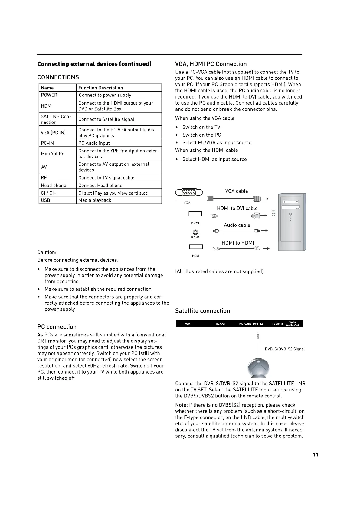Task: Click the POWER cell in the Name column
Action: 49,95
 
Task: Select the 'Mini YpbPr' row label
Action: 52,154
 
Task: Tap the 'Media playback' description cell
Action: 95,200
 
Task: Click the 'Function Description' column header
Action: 101,88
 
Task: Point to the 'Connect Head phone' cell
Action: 100,186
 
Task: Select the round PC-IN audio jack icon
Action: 195,232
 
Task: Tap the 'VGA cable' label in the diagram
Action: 236,191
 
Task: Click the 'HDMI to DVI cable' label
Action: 237,209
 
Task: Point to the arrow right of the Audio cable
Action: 264,231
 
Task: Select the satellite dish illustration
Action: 258,367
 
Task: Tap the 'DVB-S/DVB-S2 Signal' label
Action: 285,349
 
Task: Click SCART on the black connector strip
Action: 221,324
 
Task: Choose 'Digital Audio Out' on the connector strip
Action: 292,324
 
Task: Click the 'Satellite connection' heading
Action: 202,311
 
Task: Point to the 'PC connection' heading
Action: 57,327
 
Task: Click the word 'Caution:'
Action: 47,252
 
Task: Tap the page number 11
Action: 315,455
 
